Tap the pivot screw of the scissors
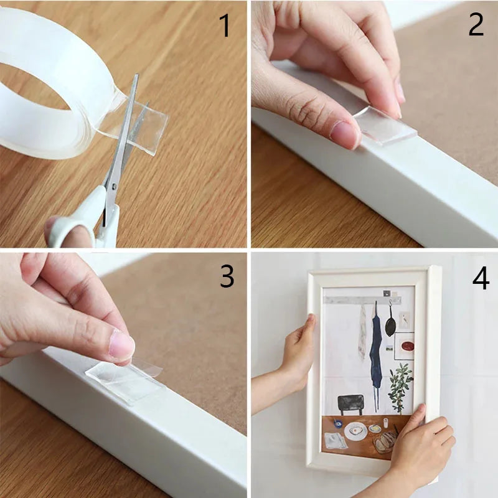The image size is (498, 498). [113, 186]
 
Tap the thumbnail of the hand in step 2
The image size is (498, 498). [344, 133]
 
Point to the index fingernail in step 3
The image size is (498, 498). [121, 345]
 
